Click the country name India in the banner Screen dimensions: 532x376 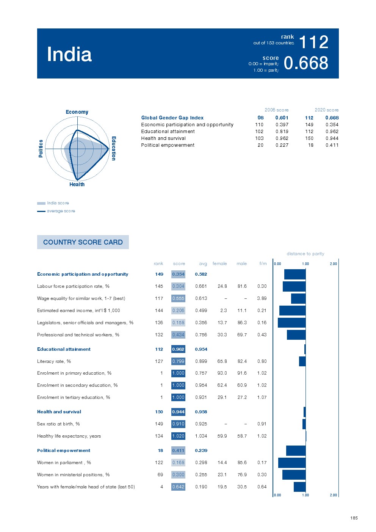69,55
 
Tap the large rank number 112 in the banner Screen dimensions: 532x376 313,42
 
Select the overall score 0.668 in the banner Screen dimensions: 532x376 306,63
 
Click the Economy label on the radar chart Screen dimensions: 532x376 77,112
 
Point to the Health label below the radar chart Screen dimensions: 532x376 77,185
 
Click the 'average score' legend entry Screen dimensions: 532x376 61,211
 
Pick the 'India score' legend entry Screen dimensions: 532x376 58,203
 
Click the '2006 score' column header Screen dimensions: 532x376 276,110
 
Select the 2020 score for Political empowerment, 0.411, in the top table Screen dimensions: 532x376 332,145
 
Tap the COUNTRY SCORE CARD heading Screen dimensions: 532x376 83,242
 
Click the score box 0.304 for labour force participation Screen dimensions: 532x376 178,286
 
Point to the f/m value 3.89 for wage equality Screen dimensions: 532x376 262,298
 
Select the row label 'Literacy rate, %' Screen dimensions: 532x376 54,361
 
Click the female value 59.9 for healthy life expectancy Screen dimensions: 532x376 222,436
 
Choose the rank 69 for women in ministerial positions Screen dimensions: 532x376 160,475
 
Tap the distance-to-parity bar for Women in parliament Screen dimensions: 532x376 292,463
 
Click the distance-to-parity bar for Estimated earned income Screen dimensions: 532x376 292,311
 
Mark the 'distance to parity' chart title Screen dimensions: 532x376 305,254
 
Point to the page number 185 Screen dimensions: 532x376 354,518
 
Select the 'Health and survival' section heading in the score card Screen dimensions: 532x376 59,412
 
